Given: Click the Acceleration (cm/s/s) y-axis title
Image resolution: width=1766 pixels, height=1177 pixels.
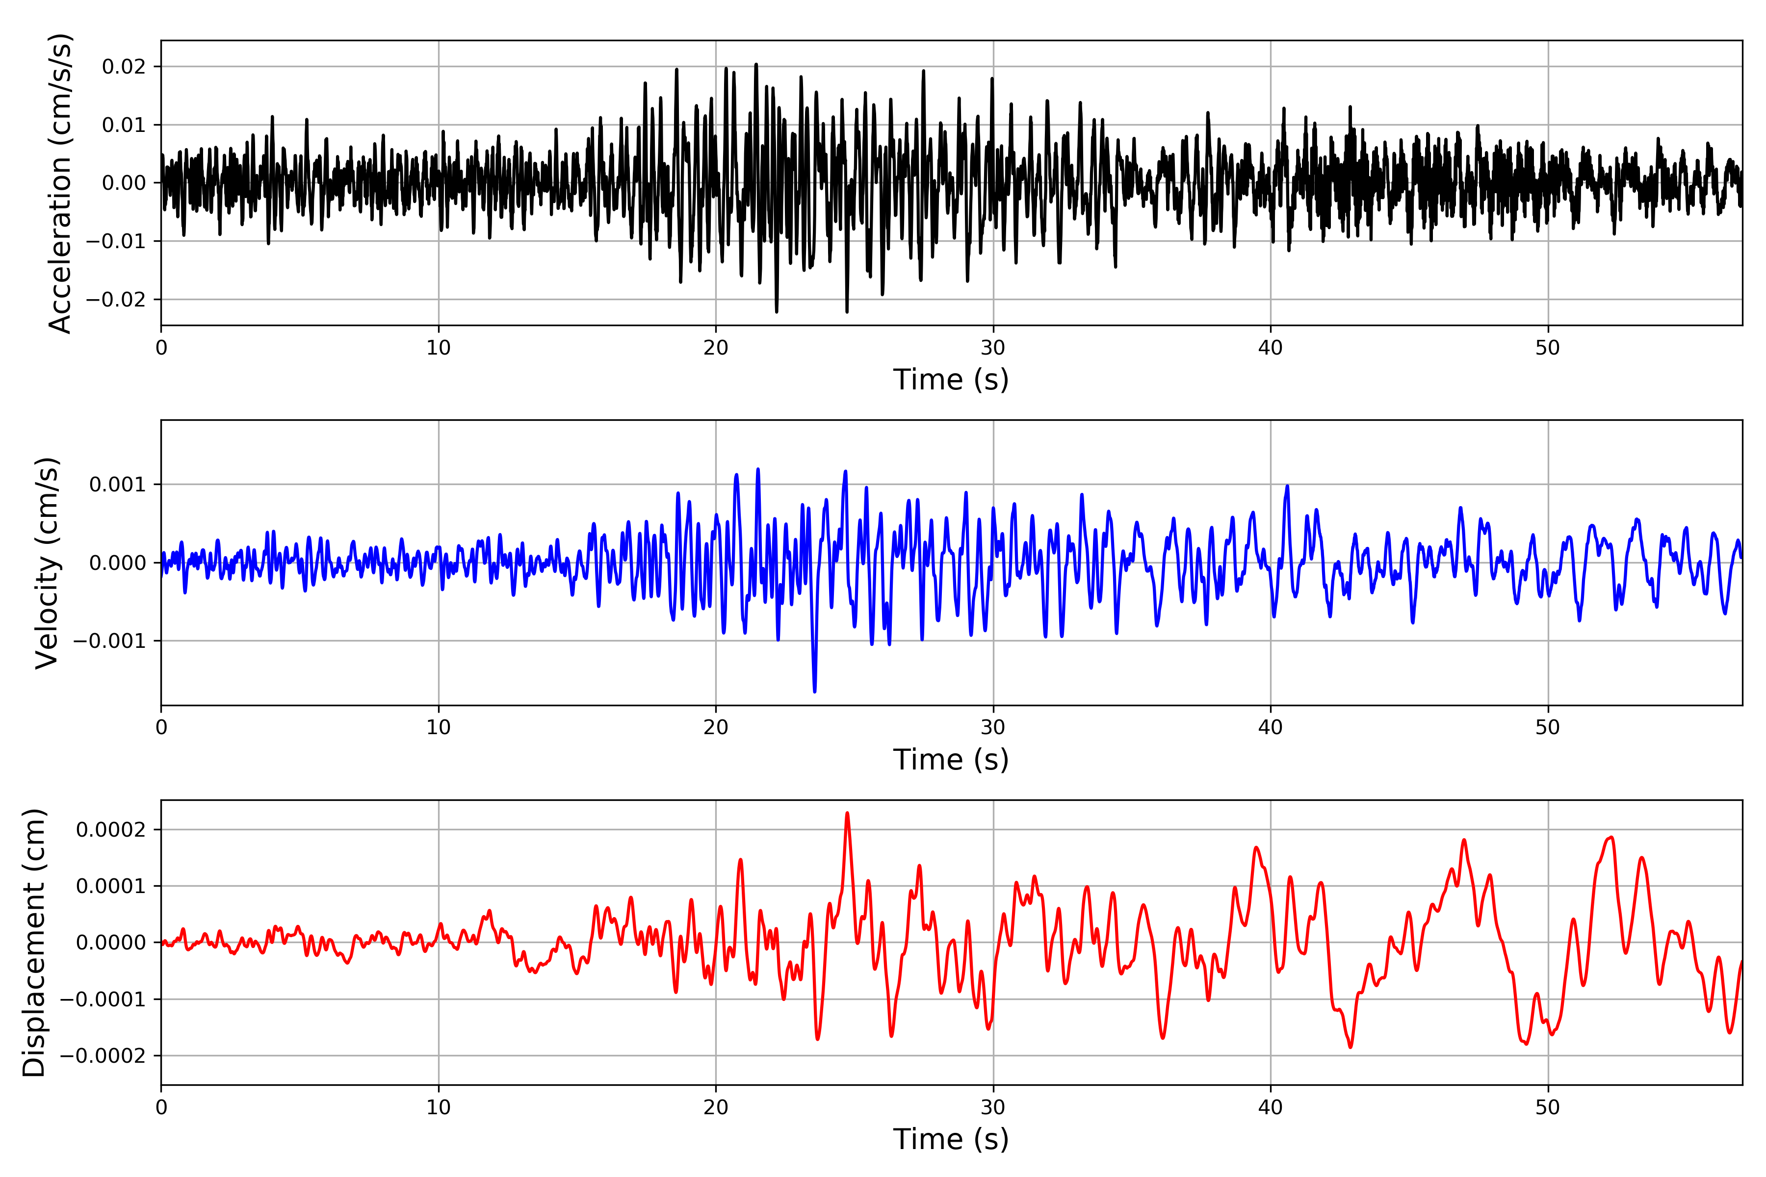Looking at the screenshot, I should (x=60, y=183).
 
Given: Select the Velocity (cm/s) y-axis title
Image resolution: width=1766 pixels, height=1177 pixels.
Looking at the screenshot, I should (x=47, y=563).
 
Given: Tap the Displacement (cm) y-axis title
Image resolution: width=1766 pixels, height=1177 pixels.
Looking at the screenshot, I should (x=34, y=943).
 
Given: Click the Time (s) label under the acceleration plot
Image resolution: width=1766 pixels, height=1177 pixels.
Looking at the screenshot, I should (x=951, y=380).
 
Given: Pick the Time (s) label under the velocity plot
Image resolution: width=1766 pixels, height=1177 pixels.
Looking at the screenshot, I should (x=951, y=760).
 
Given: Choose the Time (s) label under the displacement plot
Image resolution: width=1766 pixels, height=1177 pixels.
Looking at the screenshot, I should (x=951, y=1139).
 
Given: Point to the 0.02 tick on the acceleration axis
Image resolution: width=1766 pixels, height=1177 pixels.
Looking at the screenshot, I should (x=124, y=67).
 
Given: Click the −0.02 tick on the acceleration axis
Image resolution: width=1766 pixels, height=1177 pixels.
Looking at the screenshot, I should (x=116, y=300).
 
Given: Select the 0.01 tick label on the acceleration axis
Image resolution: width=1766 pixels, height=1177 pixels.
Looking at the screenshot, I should (x=124, y=125).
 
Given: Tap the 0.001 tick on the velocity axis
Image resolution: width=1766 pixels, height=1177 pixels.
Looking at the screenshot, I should (x=117, y=485).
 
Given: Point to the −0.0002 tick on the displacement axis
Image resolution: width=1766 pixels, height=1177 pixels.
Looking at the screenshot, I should (x=103, y=1056).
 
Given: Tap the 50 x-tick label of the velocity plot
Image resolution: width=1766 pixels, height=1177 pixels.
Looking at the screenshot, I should (x=1548, y=727).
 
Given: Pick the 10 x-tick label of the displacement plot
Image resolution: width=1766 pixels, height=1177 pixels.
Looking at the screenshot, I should (x=439, y=1107).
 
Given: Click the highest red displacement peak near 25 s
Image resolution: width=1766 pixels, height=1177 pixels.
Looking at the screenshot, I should (x=847, y=814).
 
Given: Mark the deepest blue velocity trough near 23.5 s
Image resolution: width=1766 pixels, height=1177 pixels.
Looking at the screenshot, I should (x=815, y=691).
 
